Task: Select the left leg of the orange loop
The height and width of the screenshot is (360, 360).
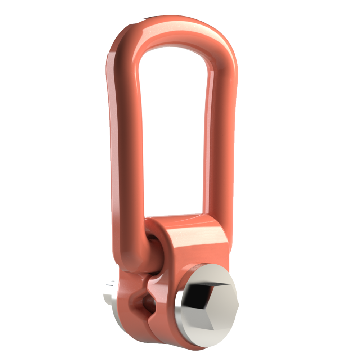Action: point(124,144)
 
